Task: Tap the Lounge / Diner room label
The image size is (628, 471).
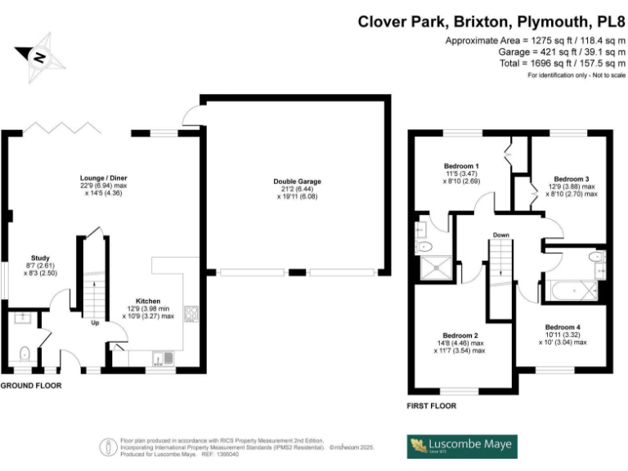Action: (103, 177)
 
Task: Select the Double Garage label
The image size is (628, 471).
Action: (298, 182)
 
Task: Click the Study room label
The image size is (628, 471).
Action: (40, 257)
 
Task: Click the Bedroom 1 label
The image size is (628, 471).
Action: (461, 167)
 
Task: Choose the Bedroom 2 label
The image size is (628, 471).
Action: (460, 335)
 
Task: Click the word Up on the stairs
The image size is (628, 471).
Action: (95, 322)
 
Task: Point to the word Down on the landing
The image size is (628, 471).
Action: (501, 236)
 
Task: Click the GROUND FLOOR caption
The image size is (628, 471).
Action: (30, 384)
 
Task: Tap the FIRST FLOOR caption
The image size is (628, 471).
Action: (431, 406)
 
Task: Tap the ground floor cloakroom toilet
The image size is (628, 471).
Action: (25, 353)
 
